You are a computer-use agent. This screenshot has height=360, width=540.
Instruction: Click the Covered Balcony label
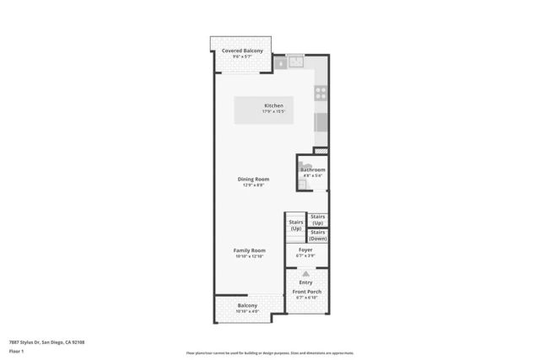[242, 51]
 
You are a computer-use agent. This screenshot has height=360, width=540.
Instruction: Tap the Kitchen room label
[262, 105]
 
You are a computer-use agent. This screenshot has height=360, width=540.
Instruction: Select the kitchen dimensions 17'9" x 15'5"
[262, 111]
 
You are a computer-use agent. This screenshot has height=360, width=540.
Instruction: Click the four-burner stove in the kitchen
[321, 93]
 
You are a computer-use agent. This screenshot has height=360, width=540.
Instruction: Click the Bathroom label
[313, 169]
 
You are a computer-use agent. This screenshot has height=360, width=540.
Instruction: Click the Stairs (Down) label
[318, 235]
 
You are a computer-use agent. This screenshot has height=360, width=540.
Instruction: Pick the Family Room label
[250, 250]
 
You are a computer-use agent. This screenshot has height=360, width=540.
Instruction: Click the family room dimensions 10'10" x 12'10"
[250, 255]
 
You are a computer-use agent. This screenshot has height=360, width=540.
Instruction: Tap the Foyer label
[305, 250]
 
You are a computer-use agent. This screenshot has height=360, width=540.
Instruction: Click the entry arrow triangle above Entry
[305, 274]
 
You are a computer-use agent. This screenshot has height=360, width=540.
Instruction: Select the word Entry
[305, 282]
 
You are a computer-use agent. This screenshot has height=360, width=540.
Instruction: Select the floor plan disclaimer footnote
[269, 352]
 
